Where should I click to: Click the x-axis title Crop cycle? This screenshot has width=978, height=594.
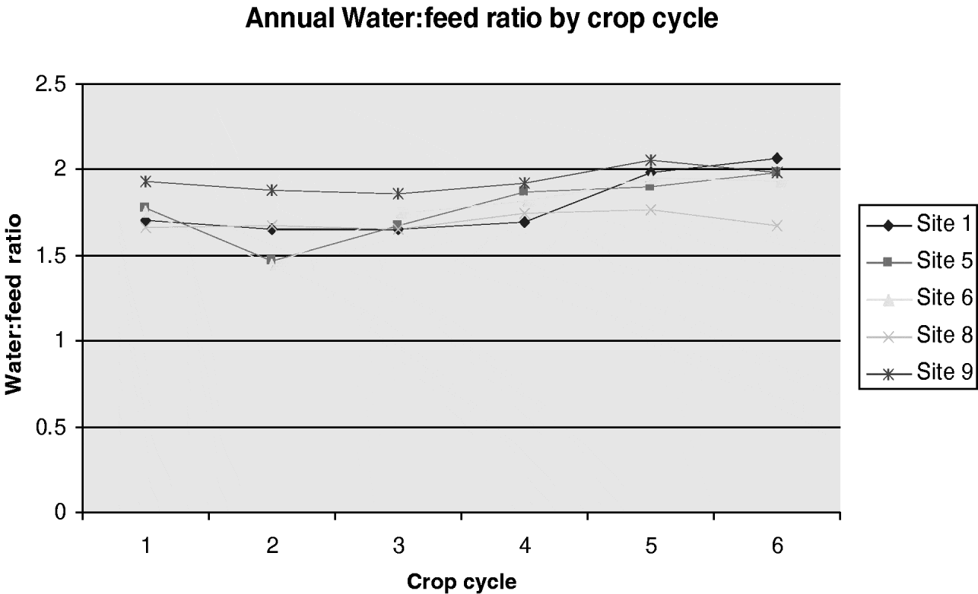[462, 582]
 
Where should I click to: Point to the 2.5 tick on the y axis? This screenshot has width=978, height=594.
[51, 84]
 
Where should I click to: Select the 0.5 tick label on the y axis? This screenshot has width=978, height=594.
[51, 428]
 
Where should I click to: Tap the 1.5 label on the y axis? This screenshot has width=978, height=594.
[51, 256]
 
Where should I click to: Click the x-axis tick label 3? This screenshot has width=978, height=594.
[398, 545]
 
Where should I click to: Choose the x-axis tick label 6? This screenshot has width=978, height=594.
[776, 545]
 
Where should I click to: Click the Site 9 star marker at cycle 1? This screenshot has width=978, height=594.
[145, 182]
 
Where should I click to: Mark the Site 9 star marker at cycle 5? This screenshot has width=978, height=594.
[650, 160]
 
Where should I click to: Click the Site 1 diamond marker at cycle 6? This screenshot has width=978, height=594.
[776, 158]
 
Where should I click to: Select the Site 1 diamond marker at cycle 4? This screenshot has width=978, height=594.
[524, 222]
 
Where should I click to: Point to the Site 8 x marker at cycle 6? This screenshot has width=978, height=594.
[776, 226]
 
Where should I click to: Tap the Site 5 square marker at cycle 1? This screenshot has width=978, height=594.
[145, 207]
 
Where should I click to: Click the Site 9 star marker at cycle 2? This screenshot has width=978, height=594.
[271, 190]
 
